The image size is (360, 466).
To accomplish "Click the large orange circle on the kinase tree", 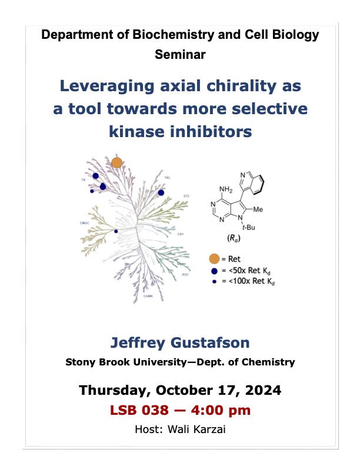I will tap(116, 162).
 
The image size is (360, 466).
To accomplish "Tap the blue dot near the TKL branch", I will tap(161, 192).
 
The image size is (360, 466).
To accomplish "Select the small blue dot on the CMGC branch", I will tap(116, 231).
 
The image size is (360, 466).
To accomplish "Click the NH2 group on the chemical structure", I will tap(226, 189).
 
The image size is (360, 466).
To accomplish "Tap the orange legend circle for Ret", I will tap(215, 258).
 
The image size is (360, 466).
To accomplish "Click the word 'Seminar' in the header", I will tap(179, 54).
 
